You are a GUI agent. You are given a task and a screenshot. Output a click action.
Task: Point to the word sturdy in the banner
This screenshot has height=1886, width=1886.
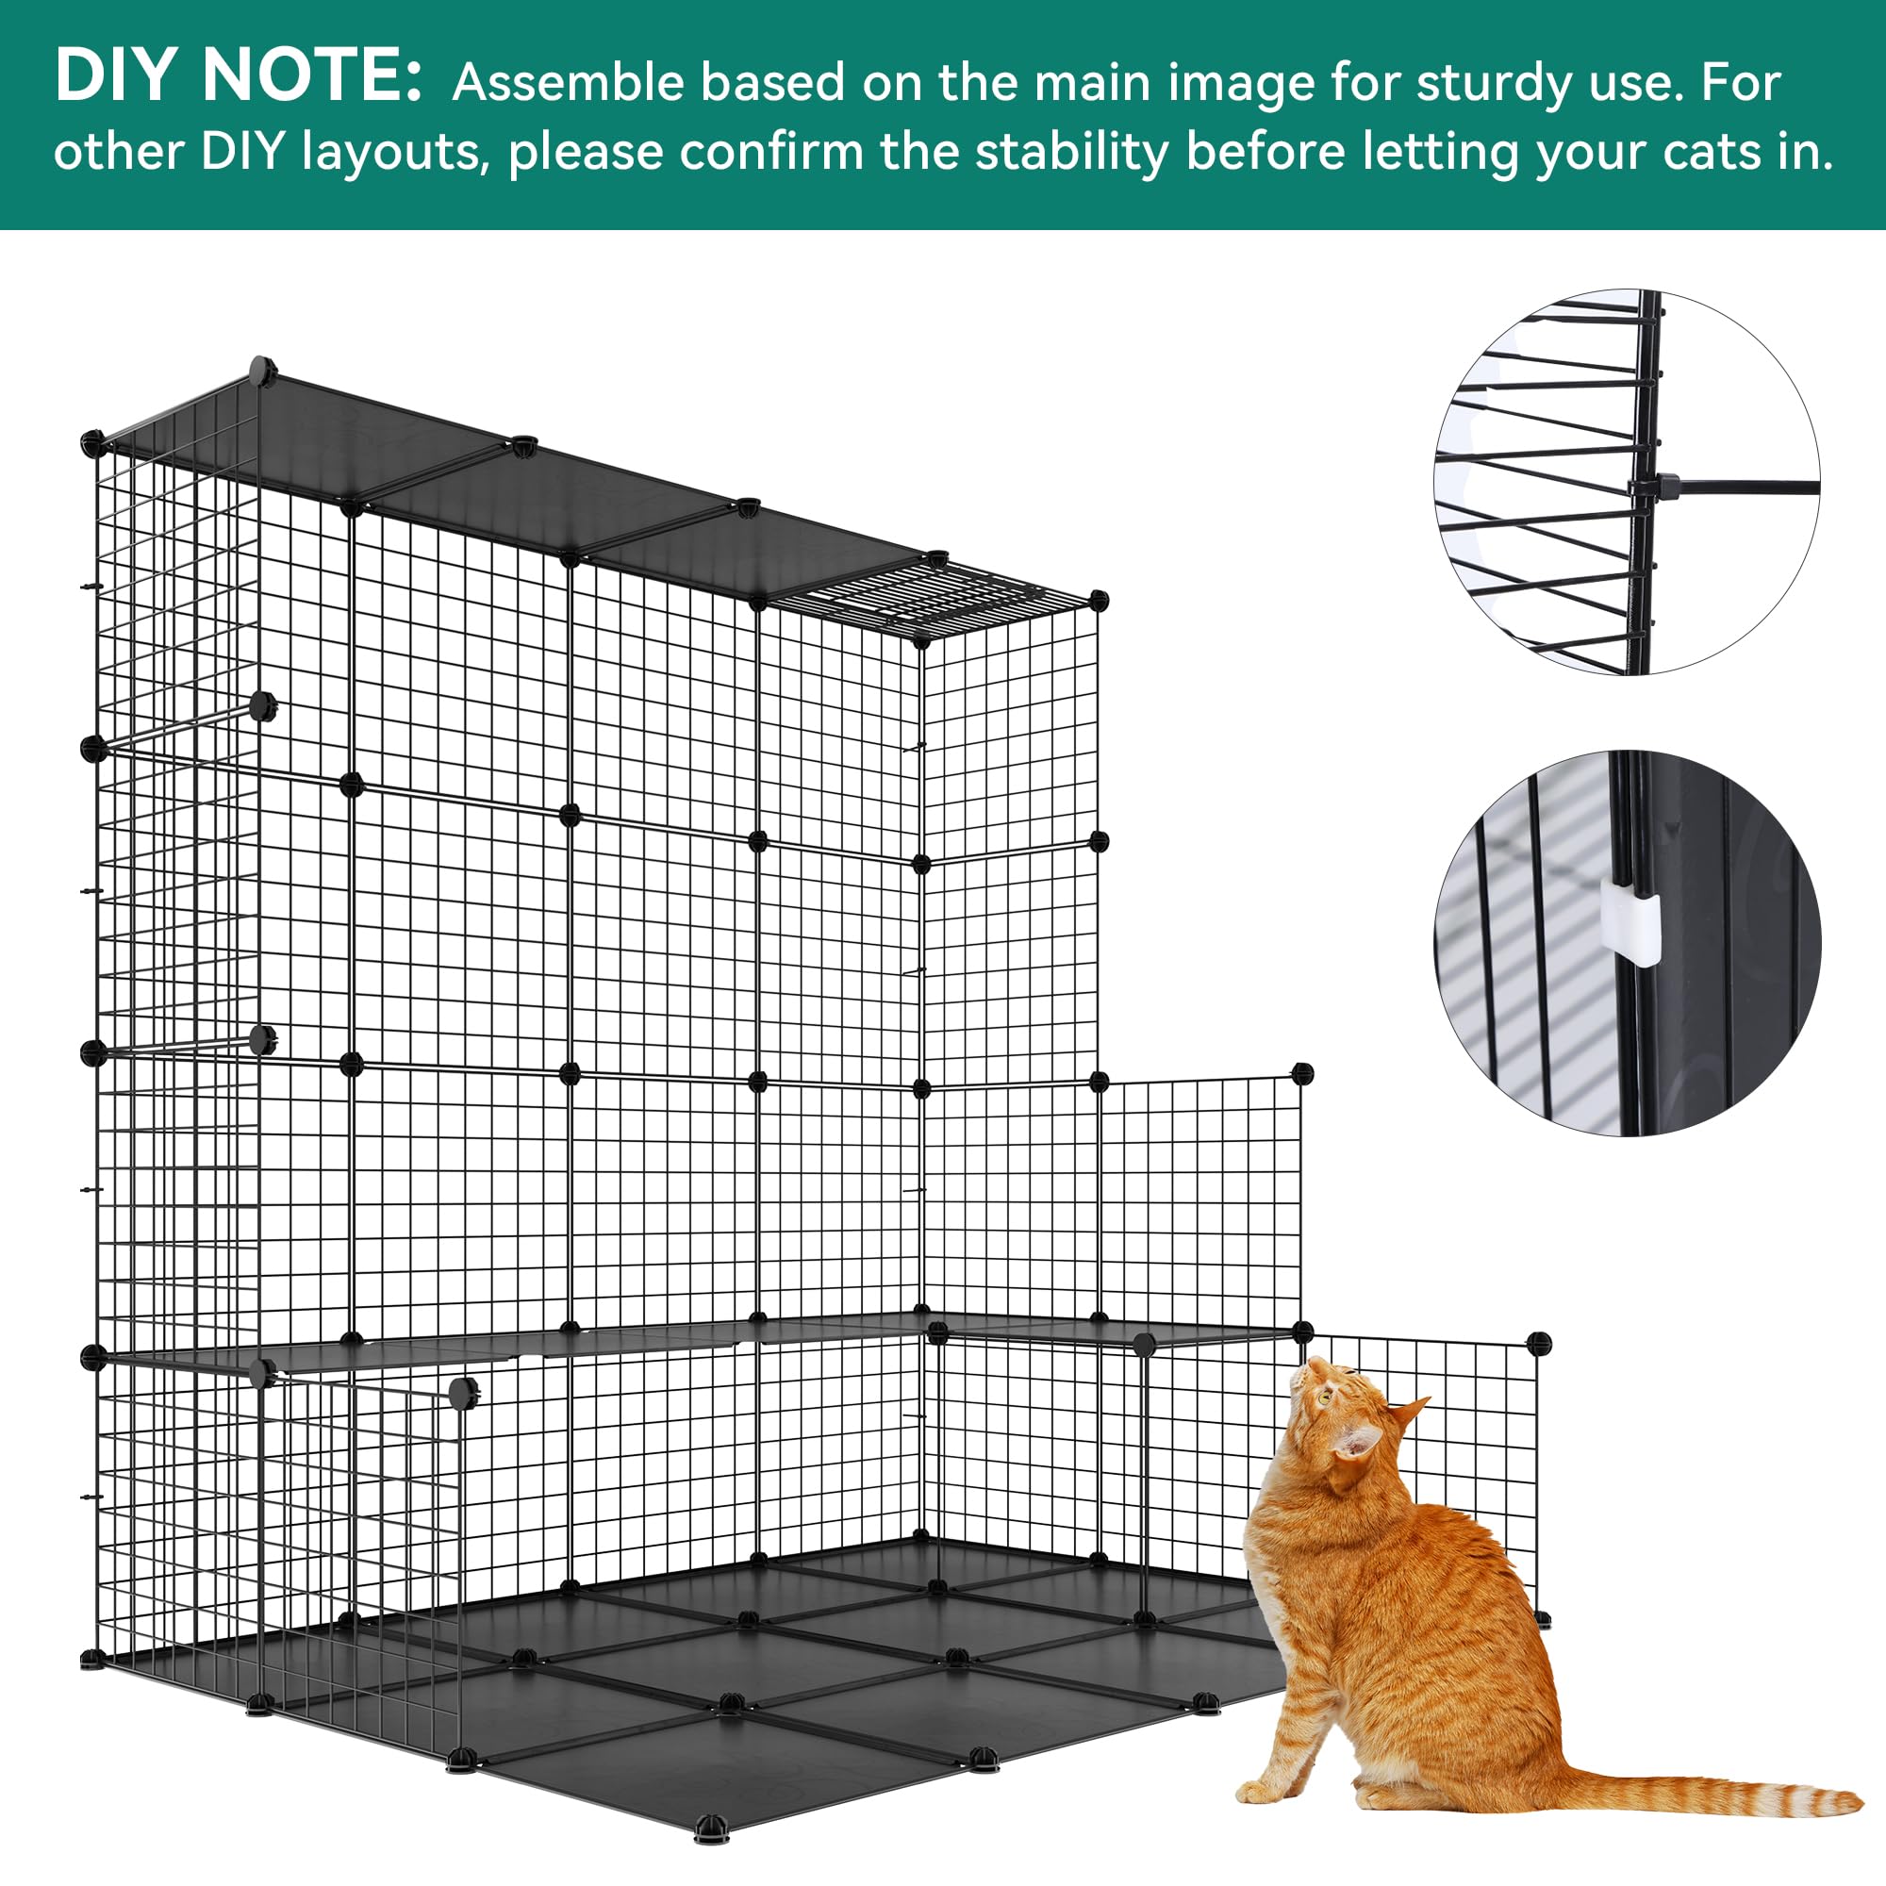point(1494,83)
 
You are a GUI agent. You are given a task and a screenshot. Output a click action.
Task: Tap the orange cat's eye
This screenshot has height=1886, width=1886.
point(1326,1398)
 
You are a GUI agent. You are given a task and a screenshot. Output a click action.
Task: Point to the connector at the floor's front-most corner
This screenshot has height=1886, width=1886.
point(711,1824)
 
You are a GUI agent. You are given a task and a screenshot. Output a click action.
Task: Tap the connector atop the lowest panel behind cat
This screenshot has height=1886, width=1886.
point(1538,1344)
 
